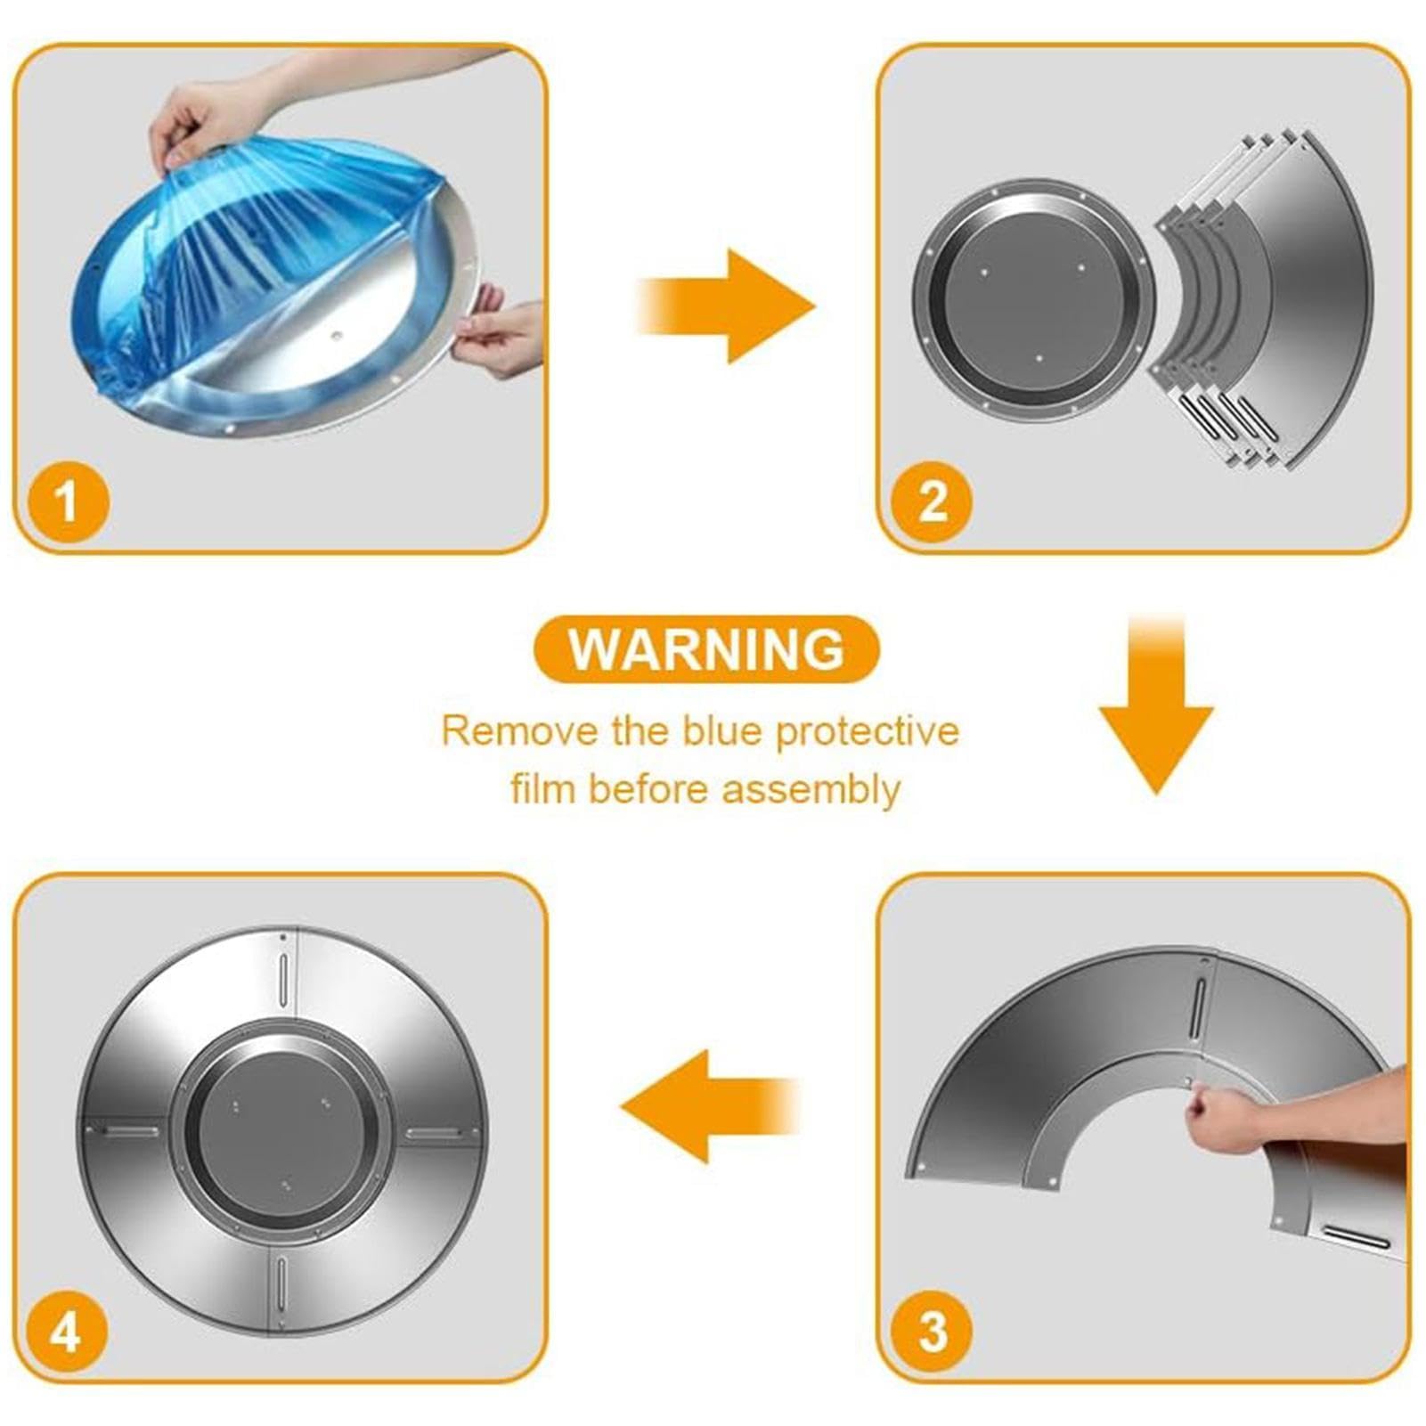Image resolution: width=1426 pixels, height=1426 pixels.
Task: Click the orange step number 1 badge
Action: [x=68, y=502]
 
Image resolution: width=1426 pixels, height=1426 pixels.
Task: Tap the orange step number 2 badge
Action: [x=932, y=502]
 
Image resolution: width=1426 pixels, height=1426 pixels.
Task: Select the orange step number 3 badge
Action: [x=932, y=1332]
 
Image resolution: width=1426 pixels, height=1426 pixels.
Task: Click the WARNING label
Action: [x=706, y=648]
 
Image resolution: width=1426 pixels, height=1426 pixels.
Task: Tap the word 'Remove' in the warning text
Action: [x=520, y=731]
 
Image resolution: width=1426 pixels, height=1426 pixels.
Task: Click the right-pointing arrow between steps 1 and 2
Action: [x=726, y=306]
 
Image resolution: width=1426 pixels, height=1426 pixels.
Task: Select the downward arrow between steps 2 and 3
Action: [x=1156, y=704]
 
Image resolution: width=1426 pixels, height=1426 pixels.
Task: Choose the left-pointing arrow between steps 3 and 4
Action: [x=710, y=1106]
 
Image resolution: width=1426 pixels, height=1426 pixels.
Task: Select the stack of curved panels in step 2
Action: [x=1265, y=298]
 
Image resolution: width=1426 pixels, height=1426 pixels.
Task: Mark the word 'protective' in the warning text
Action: [x=868, y=731]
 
